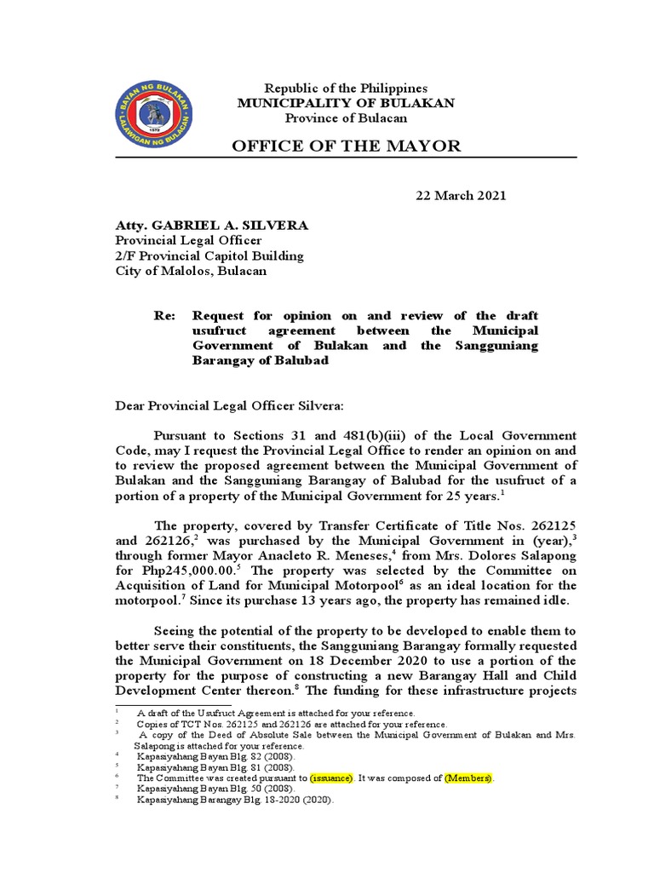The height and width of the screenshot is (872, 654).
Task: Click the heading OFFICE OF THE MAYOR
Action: [x=347, y=146]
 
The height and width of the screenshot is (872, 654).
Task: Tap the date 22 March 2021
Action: [x=461, y=196]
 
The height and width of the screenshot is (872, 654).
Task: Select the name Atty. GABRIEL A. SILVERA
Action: [x=212, y=225]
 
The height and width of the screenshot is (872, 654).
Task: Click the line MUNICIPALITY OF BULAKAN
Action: [x=346, y=103]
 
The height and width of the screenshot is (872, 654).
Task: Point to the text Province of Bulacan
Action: [x=346, y=118]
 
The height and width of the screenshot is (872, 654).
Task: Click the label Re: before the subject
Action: [x=164, y=315]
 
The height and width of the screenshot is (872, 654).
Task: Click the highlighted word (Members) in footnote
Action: [x=468, y=778]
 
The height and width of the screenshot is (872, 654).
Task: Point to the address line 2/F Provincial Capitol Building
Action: [x=209, y=255]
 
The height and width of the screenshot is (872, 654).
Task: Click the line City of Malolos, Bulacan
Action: [x=192, y=271]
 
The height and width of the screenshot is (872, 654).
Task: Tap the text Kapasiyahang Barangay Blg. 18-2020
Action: [x=226, y=800]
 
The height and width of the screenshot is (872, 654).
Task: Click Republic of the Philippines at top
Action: [x=346, y=89]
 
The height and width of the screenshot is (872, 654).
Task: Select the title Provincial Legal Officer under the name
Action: [x=188, y=240]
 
